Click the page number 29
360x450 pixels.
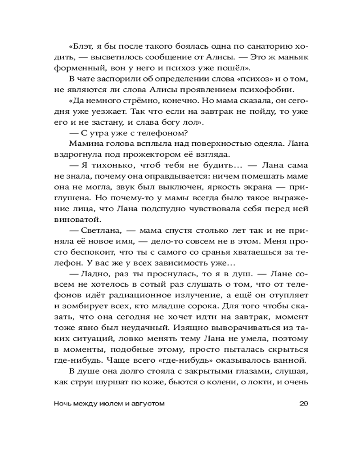303,404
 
